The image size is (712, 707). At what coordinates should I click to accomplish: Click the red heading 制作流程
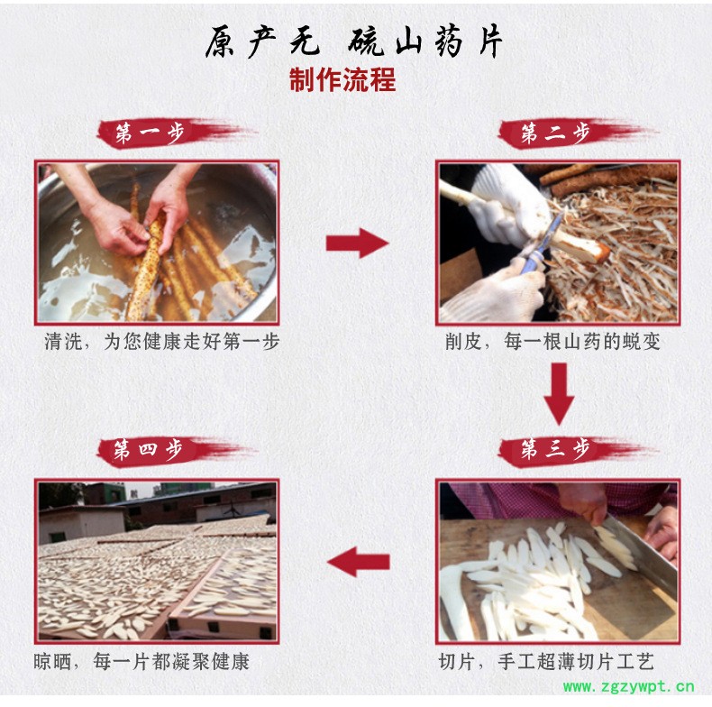(342, 80)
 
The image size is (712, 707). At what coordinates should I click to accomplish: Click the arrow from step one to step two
(358, 243)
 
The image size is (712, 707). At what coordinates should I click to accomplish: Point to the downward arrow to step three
(559, 394)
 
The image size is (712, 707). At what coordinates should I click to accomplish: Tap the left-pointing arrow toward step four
(359, 562)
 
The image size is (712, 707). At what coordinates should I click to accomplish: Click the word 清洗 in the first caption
(63, 342)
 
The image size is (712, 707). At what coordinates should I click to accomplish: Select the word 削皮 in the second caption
(463, 342)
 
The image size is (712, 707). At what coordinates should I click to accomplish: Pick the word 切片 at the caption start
(457, 662)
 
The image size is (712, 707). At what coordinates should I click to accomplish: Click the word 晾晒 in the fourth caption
(52, 662)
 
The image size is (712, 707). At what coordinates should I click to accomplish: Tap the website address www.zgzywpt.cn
(628, 686)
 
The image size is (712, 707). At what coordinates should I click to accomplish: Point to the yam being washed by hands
(145, 268)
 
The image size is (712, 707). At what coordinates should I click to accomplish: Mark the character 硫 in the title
(366, 41)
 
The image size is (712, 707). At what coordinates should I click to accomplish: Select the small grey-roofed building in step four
(82, 524)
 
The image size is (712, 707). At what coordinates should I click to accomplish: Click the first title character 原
(221, 41)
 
